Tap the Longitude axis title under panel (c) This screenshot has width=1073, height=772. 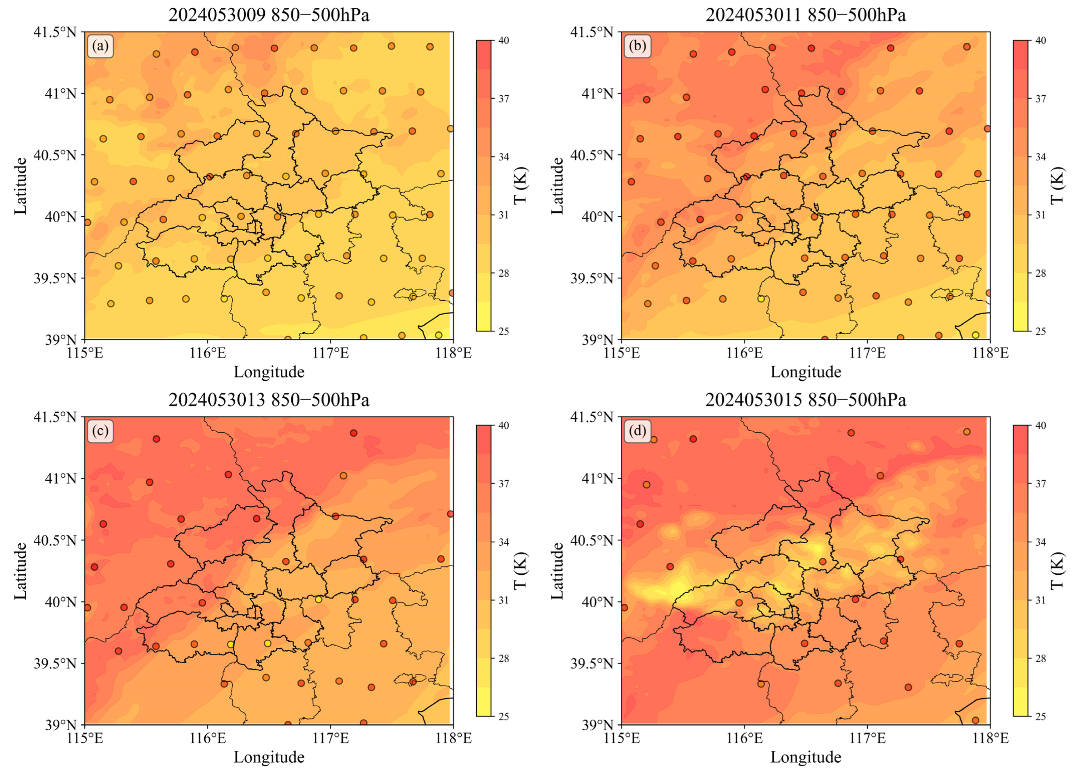269,757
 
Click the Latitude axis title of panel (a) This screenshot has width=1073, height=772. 20,185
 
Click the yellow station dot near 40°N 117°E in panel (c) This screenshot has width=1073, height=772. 318,599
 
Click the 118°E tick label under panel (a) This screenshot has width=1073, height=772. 453,353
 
